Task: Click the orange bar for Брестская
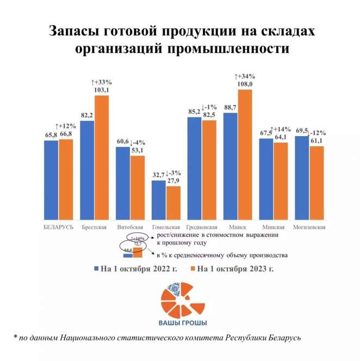point(102,158)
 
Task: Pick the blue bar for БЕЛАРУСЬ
point(51,180)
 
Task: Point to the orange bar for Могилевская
point(316,183)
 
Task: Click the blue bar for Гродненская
point(194,169)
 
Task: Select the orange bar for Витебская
point(138,188)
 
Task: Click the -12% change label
point(317,133)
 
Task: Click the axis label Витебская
point(130,227)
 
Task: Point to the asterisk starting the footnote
point(16,338)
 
